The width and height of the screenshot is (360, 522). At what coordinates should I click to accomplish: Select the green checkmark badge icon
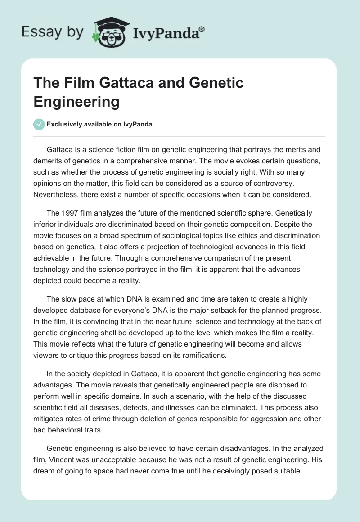coord(39,124)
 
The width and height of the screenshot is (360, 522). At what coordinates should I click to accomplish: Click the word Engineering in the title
coord(76,101)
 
